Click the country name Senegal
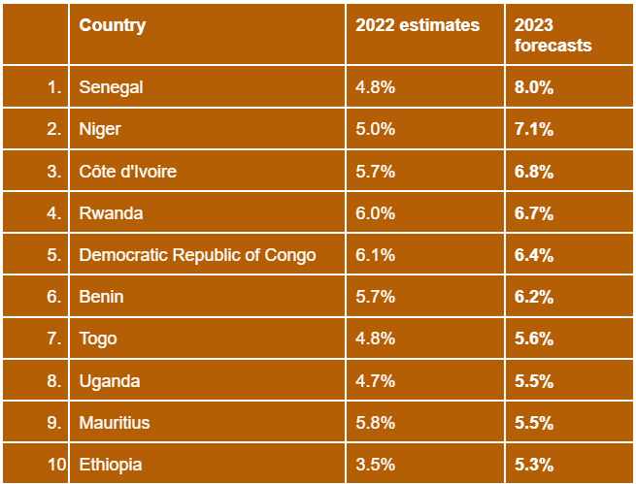111,87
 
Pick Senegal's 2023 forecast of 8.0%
534,87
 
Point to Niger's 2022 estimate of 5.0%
375,129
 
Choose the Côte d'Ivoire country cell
127,172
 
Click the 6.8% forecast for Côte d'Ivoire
534,172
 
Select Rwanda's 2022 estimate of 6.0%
375,213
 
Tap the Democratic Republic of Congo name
197,255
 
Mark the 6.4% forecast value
534,255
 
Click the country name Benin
101,297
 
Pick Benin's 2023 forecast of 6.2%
534,297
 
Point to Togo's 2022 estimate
375,339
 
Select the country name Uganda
109,381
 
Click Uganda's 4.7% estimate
375,381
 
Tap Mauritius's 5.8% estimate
375,423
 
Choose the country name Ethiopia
111,465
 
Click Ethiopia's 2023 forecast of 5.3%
534,465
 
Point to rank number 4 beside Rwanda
54,213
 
